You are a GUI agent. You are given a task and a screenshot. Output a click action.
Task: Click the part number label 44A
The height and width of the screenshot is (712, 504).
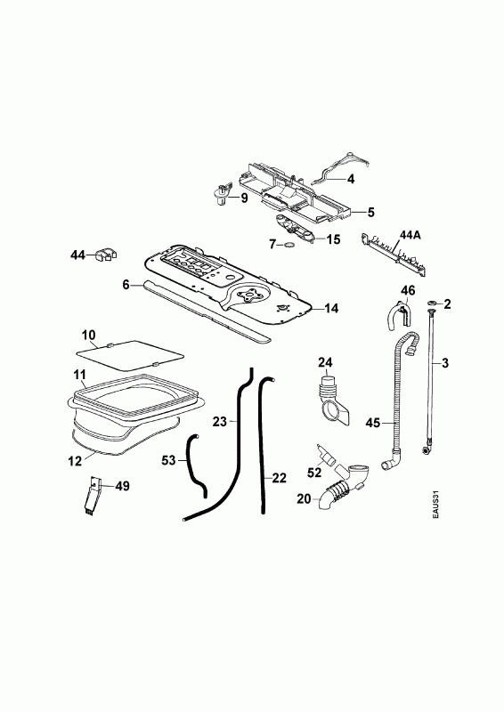411,235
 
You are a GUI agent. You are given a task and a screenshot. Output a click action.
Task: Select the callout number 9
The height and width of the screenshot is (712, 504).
244,198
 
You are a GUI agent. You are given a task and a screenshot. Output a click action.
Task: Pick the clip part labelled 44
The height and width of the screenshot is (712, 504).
106,255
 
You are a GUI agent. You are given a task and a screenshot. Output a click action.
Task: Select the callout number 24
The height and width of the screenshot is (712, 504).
325,362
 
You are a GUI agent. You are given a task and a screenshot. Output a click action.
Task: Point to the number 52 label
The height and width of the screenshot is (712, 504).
314,473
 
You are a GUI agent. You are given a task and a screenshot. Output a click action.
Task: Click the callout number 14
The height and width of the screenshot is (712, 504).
332,308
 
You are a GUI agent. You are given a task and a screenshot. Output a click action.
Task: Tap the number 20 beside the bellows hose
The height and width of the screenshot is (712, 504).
304,498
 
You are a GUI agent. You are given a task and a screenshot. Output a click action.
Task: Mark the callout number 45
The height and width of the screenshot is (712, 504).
373,423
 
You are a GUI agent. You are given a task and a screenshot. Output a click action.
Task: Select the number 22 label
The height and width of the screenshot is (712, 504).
280,478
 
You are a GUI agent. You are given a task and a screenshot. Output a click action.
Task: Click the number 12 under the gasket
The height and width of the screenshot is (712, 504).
75,461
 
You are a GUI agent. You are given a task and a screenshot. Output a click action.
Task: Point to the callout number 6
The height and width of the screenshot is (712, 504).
126,285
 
